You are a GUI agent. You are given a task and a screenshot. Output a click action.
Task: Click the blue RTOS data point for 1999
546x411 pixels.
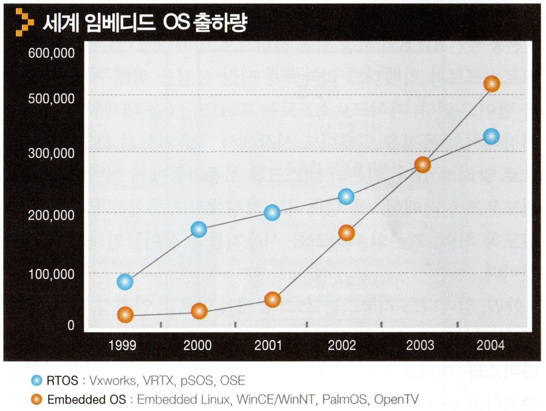click(x=125, y=282)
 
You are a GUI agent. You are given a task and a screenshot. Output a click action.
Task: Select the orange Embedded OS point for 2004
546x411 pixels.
click(x=491, y=84)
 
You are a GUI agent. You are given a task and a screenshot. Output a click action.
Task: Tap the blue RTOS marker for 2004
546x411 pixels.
click(x=491, y=136)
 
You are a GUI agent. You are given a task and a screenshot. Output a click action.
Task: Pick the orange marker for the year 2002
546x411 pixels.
click(x=346, y=233)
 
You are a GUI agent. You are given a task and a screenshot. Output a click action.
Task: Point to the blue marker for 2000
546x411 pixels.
click(x=199, y=229)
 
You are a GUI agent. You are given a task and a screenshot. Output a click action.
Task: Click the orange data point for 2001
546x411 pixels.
click(x=273, y=300)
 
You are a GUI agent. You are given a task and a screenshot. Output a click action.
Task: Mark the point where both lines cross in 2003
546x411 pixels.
click(x=422, y=165)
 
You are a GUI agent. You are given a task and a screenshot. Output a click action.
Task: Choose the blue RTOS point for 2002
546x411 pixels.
click(x=346, y=197)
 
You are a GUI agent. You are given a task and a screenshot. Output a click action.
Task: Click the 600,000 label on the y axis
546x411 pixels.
click(x=51, y=53)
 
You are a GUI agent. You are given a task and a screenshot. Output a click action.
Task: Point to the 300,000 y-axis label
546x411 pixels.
click(x=51, y=153)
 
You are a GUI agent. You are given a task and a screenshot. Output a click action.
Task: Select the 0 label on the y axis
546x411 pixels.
click(x=71, y=325)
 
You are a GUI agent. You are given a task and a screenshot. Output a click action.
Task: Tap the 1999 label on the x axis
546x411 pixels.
click(x=122, y=345)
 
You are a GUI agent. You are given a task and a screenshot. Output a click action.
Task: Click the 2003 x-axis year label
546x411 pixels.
click(x=420, y=345)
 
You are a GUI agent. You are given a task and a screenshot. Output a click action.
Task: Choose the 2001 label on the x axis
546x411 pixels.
click(x=268, y=345)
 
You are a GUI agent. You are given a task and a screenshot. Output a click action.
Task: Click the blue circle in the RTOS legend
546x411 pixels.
click(x=37, y=380)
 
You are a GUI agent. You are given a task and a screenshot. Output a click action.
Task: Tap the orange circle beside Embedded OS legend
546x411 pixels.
click(x=37, y=399)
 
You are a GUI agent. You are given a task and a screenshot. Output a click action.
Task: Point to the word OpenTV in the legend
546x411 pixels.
click(x=396, y=399)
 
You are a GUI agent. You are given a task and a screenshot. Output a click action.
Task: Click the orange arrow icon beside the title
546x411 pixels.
click(x=24, y=22)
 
